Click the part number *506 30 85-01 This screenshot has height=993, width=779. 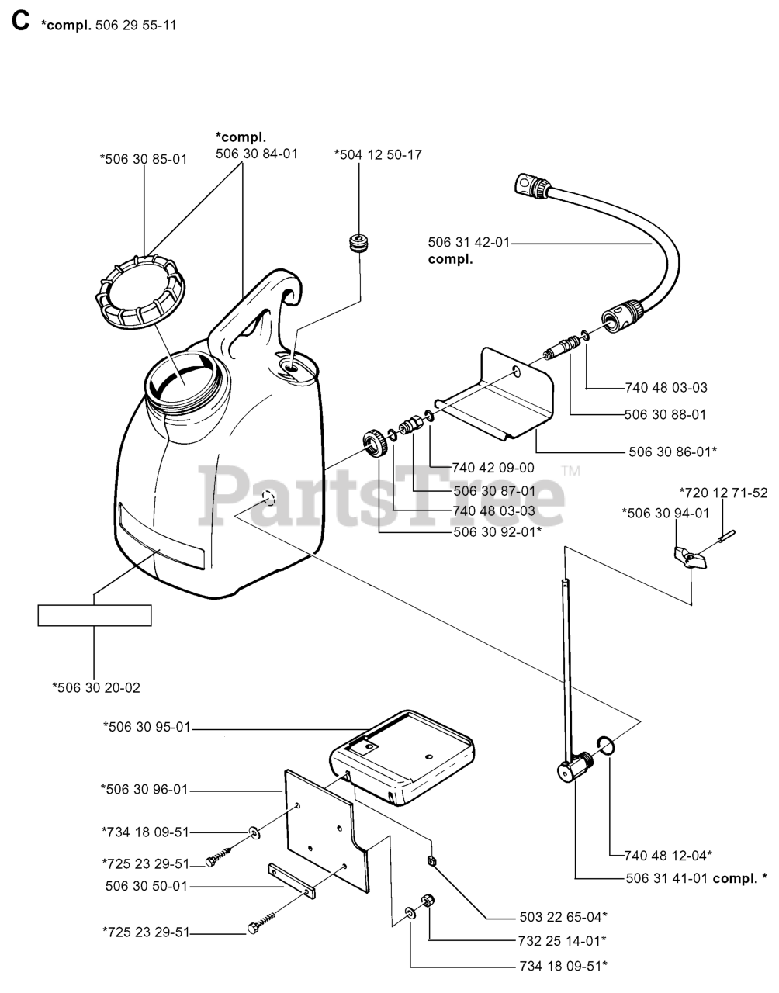pos(144,159)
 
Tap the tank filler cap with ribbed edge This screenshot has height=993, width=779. pos(139,292)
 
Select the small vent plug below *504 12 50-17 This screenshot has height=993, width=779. pos(358,242)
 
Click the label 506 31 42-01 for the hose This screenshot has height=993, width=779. pos(469,243)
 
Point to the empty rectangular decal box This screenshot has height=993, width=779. pos(95,615)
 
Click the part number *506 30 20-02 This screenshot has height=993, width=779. pos(96,687)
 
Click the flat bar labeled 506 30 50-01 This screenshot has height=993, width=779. pos(292,881)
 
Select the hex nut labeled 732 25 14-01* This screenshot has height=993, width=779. pos(427,901)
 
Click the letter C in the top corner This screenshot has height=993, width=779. pos(21,22)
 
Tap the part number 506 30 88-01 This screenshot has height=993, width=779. pos(665,414)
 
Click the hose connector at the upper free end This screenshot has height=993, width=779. pos(530,185)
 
